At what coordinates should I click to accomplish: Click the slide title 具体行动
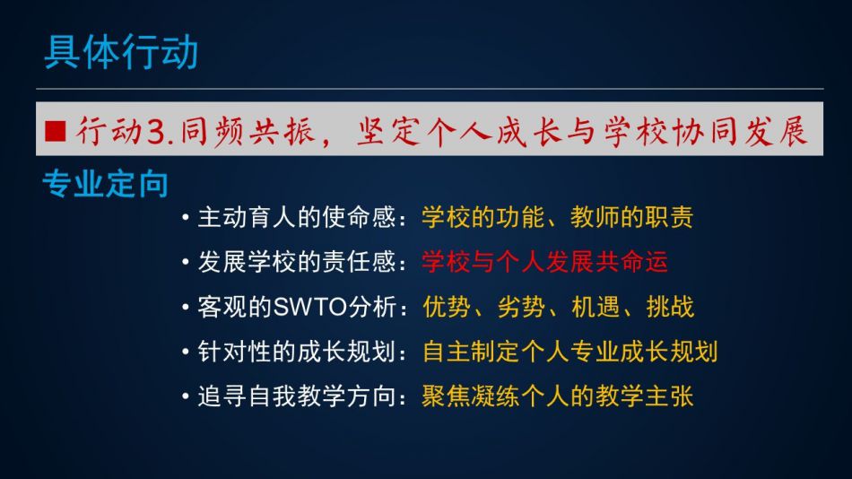121,52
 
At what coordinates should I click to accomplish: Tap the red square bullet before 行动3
56,131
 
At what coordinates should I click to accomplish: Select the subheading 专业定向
106,184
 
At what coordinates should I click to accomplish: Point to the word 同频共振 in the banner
248,132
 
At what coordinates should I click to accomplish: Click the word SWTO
310,307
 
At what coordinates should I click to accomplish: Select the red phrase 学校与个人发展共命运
545,262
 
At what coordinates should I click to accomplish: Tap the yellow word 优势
447,307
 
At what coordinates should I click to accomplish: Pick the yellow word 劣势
521,307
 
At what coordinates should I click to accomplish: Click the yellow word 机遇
596,307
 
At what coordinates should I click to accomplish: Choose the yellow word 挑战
670,307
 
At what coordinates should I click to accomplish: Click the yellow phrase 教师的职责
632,217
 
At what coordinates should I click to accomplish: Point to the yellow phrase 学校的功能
483,217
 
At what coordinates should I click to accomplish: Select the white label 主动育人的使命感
297,217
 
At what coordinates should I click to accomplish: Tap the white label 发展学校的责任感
297,262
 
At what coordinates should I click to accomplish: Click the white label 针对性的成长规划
297,352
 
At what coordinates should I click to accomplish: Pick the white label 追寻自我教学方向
297,396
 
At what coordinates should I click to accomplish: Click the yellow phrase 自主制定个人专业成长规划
570,352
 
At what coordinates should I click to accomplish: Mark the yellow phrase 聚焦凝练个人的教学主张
558,396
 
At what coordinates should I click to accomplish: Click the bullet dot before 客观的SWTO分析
186,308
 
